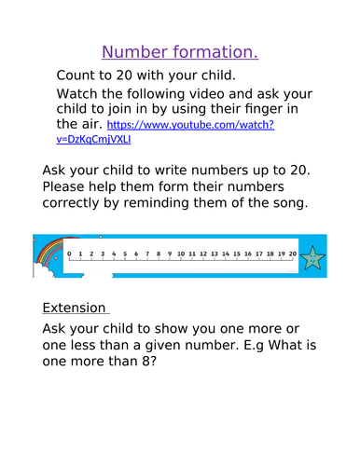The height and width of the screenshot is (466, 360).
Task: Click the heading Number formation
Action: tap(179, 50)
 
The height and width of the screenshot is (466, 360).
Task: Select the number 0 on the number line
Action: tap(70, 253)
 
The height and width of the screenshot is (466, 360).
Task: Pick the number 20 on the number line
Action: tap(292, 253)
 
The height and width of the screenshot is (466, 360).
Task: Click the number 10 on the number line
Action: tap(180, 253)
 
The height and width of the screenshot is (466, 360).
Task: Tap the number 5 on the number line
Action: tap(125, 253)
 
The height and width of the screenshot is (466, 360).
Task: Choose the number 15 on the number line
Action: tap(236, 253)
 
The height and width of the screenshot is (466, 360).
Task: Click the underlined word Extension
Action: tap(75, 308)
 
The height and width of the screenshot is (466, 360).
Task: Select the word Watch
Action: tap(80, 94)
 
